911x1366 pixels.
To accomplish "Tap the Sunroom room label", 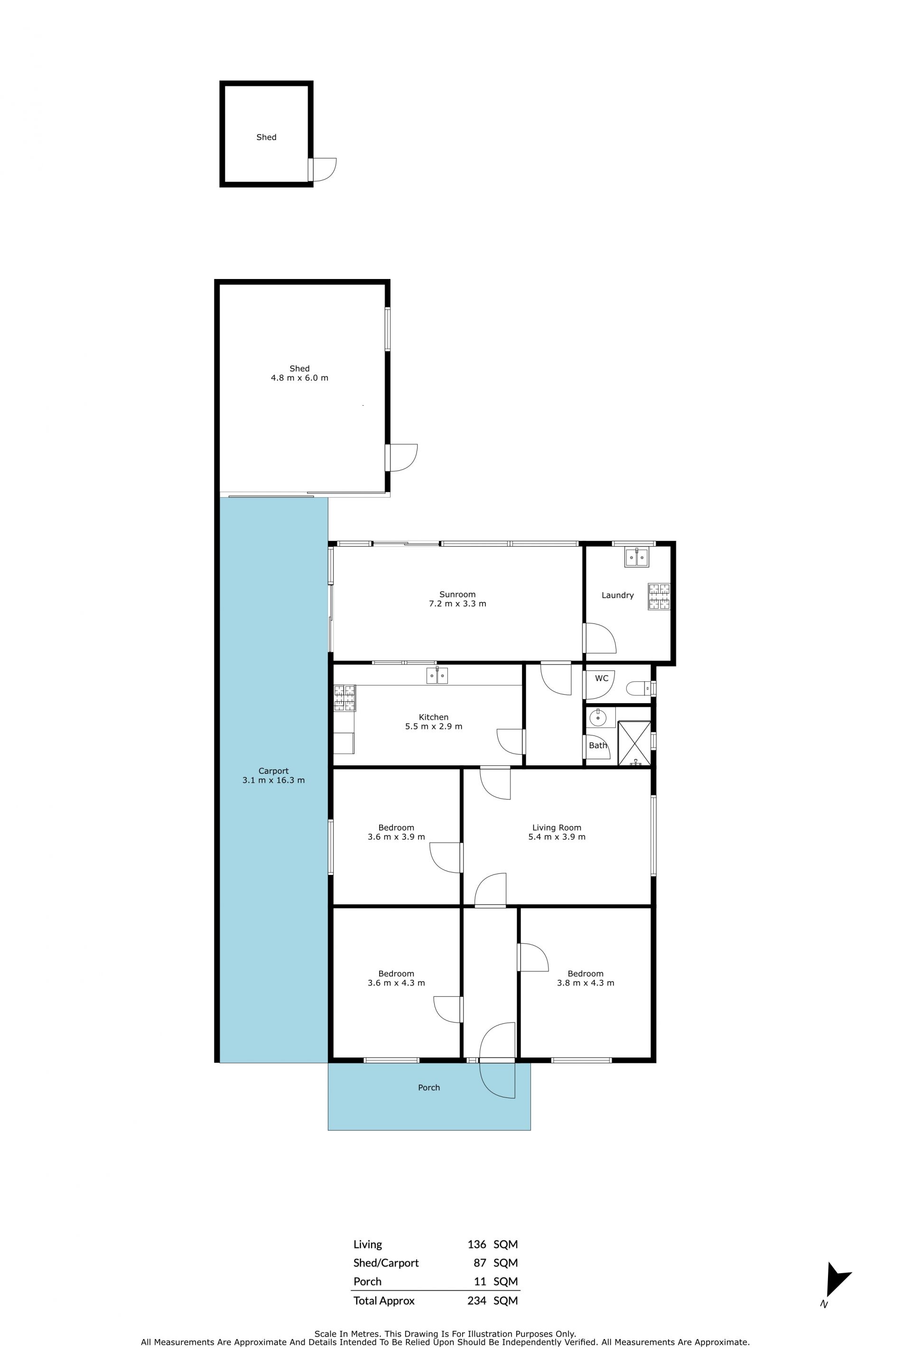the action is click(x=457, y=595).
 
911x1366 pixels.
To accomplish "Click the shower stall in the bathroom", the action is click(x=634, y=743).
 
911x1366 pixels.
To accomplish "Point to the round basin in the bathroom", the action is click(x=598, y=718).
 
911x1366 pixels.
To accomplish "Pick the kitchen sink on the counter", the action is click(x=437, y=676).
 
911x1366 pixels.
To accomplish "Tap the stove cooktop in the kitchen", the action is click(x=344, y=698).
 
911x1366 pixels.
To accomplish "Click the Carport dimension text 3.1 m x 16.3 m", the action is click(x=273, y=781).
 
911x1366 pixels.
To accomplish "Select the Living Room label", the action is click(x=557, y=827).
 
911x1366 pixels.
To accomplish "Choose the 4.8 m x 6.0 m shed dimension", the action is click(x=299, y=378).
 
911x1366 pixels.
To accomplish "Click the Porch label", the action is click(x=429, y=1087).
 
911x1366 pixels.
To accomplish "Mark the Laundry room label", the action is click(x=618, y=595).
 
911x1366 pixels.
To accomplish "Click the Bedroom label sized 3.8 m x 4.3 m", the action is click(x=585, y=974).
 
